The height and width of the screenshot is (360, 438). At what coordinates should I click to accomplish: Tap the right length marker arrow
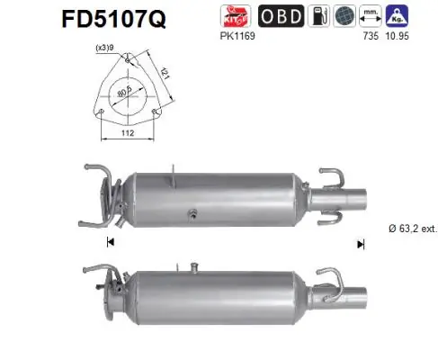361,243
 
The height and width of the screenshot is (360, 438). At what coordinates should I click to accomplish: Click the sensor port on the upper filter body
191,214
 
